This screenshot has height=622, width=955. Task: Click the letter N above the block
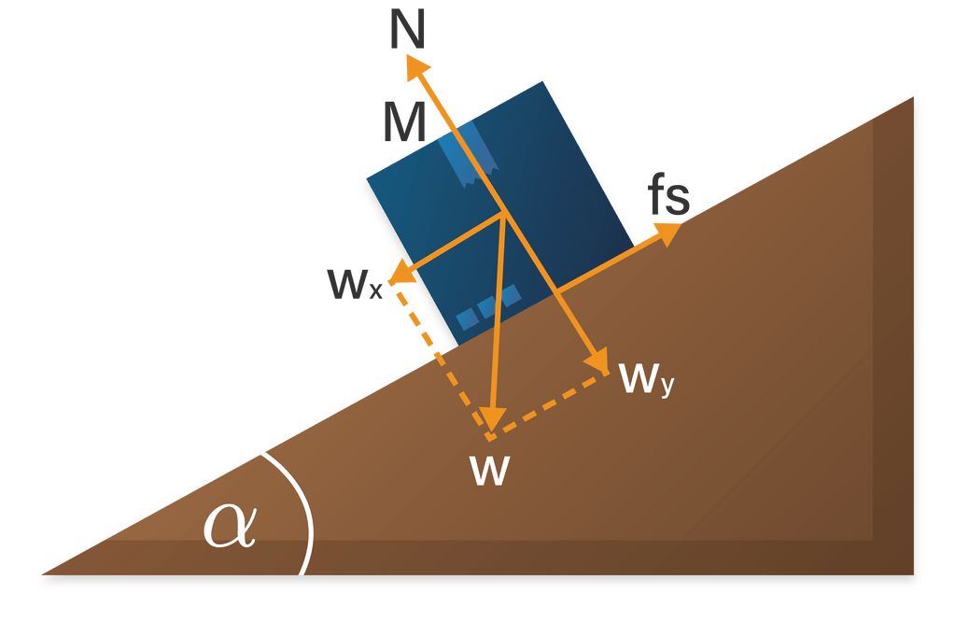coord(409,30)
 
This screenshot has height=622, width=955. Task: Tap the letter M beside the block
coord(404,122)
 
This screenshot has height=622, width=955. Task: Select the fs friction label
coord(669,197)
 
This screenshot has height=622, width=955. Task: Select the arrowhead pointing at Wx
coord(400,274)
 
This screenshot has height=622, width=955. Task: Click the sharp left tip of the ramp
coord(39,572)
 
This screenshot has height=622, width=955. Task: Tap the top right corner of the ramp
coord(911,97)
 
